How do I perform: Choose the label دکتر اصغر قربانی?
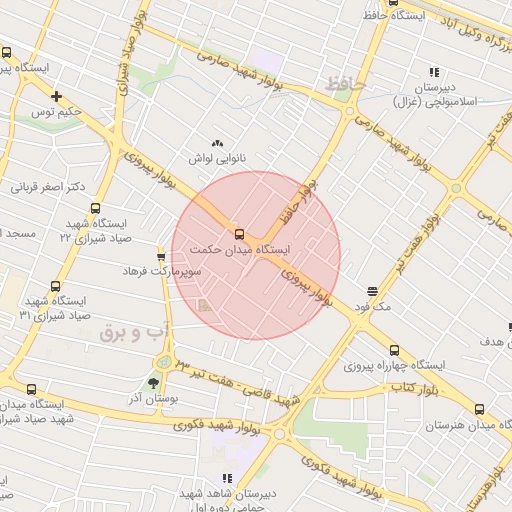pos(48,187)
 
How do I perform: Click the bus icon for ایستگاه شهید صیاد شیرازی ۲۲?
pos(95,209)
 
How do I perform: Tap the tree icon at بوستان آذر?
pos(153,383)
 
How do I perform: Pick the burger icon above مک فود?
pos(373,291)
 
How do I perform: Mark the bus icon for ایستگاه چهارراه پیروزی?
pos(394,350)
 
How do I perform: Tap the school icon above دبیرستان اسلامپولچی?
pos(434,72)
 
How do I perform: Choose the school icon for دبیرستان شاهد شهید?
pos(227,479)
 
